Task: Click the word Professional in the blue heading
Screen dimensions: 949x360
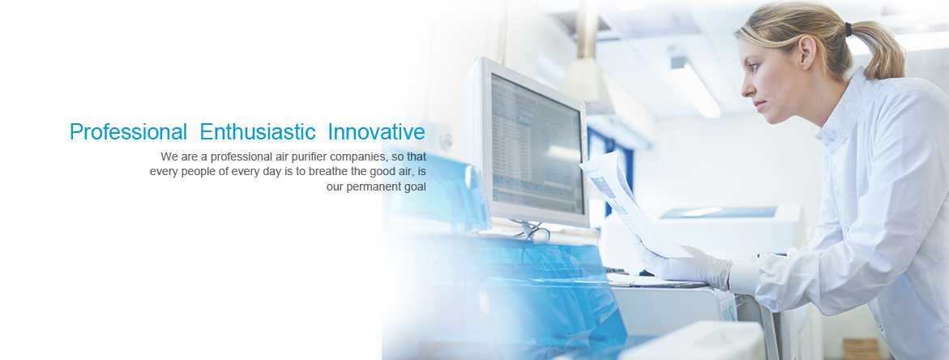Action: (x=128, y=132)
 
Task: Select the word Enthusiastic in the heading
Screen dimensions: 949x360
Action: (x=258, y=132)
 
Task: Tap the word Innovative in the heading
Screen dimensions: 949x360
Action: (x=377, y=132)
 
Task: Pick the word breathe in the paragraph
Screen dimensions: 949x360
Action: (x=328, y=171)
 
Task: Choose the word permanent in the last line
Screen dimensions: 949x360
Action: (x=374, y=186)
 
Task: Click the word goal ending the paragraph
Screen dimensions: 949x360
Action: (x=415, y=186)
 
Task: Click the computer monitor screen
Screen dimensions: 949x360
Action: (x=536, y=144)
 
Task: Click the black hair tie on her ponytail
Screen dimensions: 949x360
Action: (x=849, y=28)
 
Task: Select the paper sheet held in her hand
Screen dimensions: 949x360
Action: (x=627, y=203)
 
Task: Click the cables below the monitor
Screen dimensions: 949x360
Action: (x=532, y=229)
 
